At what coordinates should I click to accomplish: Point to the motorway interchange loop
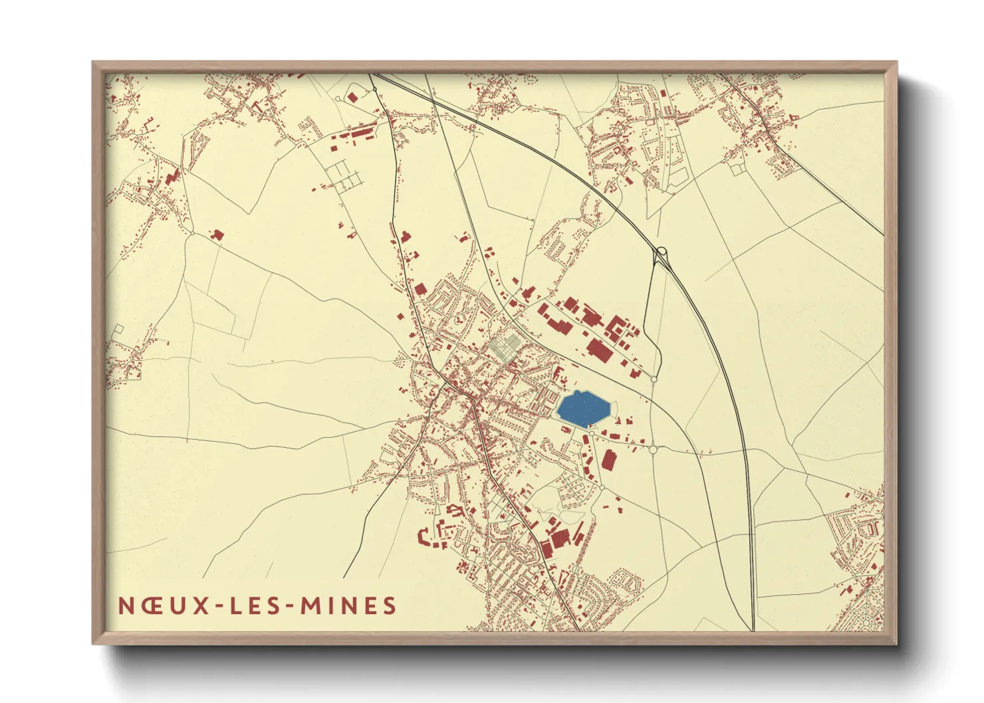662,252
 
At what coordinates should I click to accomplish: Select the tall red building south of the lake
608,460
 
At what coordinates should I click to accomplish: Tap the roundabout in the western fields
191,234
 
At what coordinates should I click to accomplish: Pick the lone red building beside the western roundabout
217,235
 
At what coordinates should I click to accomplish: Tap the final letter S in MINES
390,606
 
